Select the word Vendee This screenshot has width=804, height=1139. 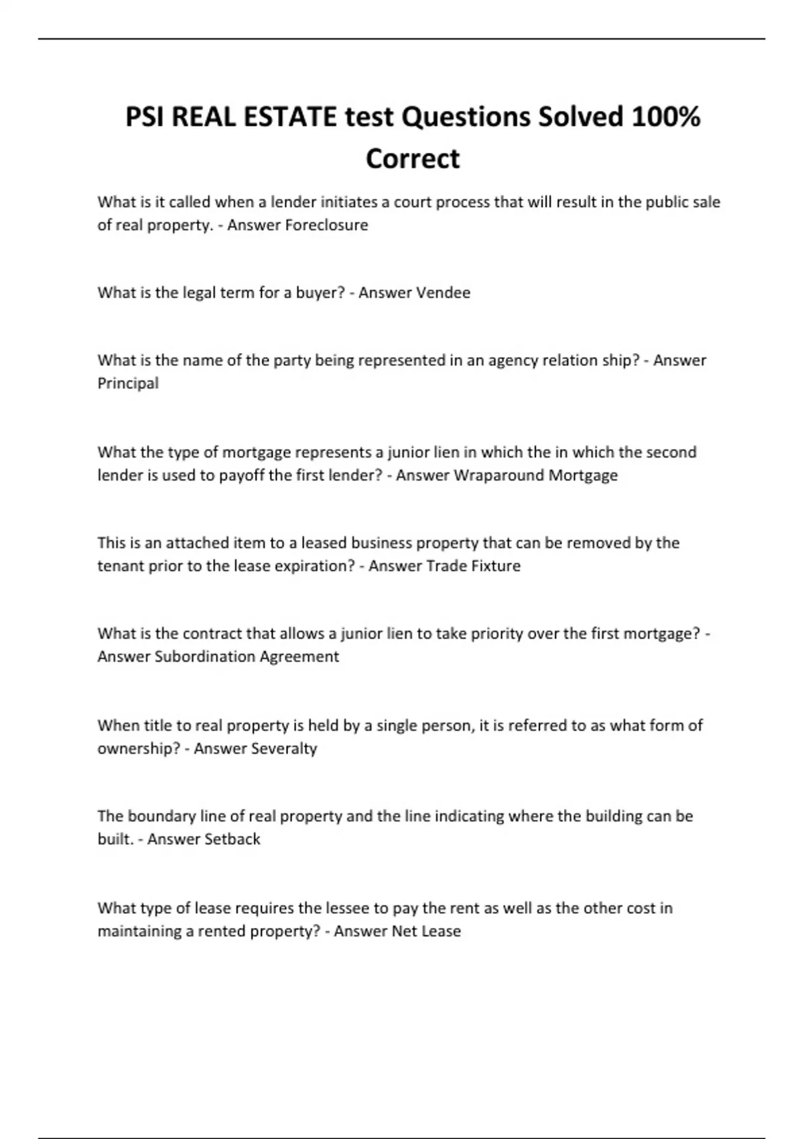pyautogui.click(x=443, y=293)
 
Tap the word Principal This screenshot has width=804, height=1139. pyautogui.click(x=128, y=383)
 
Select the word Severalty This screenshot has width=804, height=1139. pyautogui.click(x=283, y=748)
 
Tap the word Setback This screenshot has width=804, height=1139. pyautogui.click(x=232, y=839)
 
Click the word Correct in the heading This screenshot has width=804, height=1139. pyautogui.click(x=413, y=159)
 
